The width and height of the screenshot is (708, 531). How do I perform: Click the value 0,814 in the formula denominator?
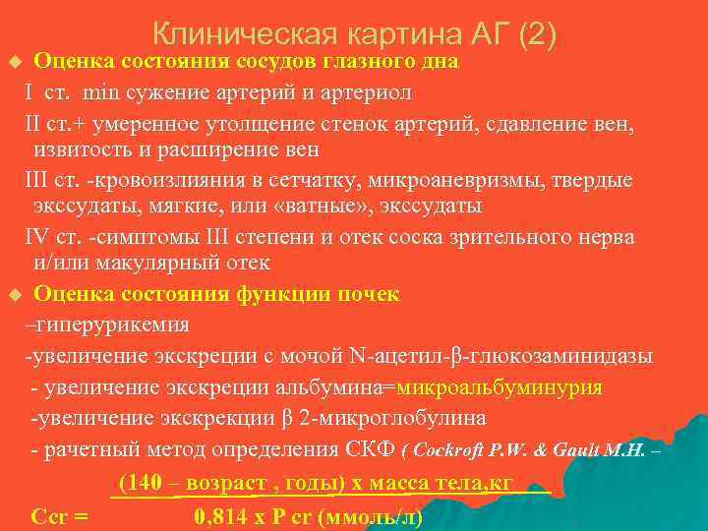click(218, 517)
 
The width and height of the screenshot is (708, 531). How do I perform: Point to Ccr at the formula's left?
click(48, 517)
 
